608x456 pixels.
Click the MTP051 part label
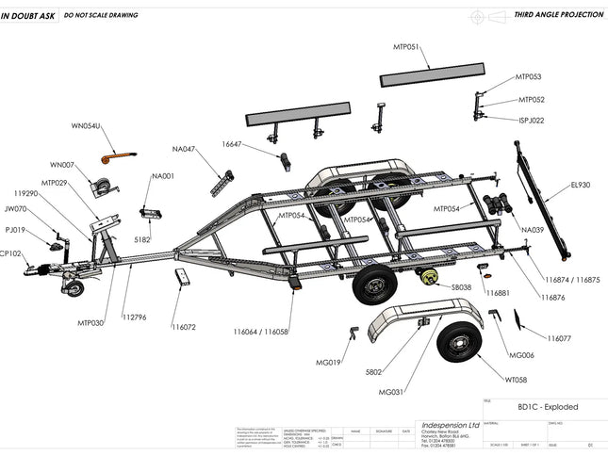[406, 45]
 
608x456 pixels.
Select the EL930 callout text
[580, 185]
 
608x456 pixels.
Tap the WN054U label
[86, 125]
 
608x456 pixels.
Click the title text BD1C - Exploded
[548, 407]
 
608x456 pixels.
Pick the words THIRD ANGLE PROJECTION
[557, 15]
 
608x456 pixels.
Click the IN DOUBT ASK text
[25, 15]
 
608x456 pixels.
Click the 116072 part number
[184, 327]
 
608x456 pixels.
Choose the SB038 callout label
[461, 286]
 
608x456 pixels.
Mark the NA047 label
[184, 149]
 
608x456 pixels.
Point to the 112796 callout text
[134, 317]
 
